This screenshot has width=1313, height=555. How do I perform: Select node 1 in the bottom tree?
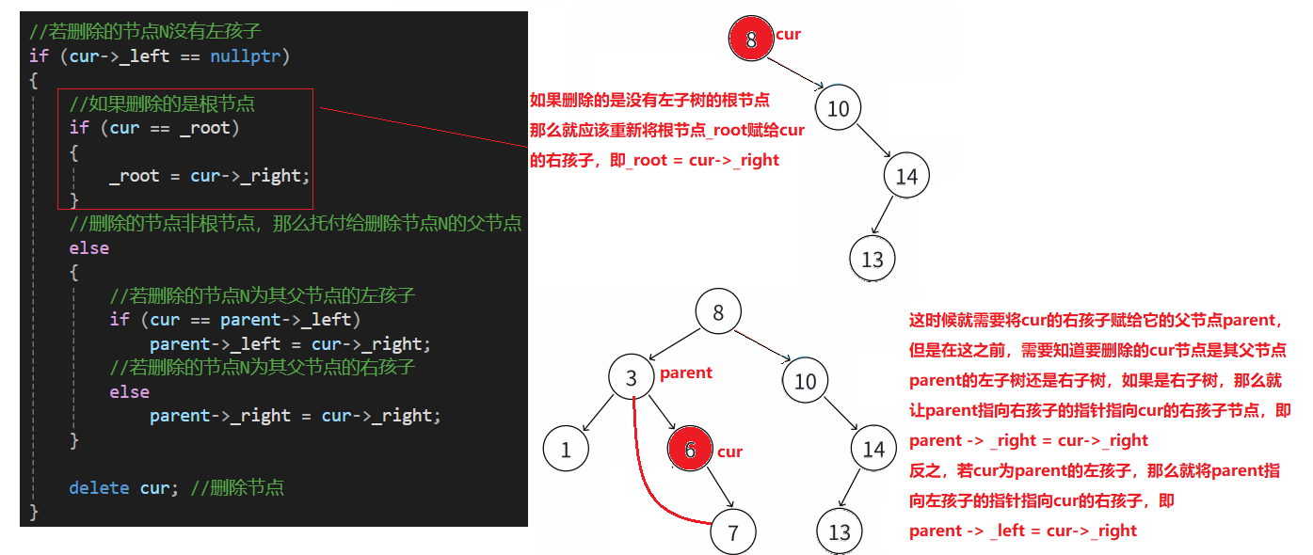tap(566, 450)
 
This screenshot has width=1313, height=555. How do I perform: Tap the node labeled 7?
tap(733, 532)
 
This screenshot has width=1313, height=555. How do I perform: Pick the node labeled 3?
tap(632, 379)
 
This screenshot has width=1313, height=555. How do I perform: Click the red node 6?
tap(690, 451)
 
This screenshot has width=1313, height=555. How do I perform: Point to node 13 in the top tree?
tap(872, 258)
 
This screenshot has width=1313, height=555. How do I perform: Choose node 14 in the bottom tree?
tap(873, 450)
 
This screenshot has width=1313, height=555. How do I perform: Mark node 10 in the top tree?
tap(838, 109)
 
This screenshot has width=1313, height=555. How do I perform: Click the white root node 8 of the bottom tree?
tap(718, 312)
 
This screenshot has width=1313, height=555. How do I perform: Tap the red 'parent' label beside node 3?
tap(686, 373)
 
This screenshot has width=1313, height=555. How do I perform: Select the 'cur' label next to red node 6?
tap(729, 452)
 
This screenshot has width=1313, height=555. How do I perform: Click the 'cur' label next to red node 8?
tap(788, 35)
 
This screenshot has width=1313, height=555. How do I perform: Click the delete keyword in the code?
tap(99, 487)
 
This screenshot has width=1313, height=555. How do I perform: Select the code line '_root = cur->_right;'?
tap(209, 176)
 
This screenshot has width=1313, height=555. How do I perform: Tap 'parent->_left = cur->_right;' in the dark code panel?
tap(290, 344)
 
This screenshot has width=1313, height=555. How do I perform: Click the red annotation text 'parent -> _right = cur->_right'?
tap(1029, 440)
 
